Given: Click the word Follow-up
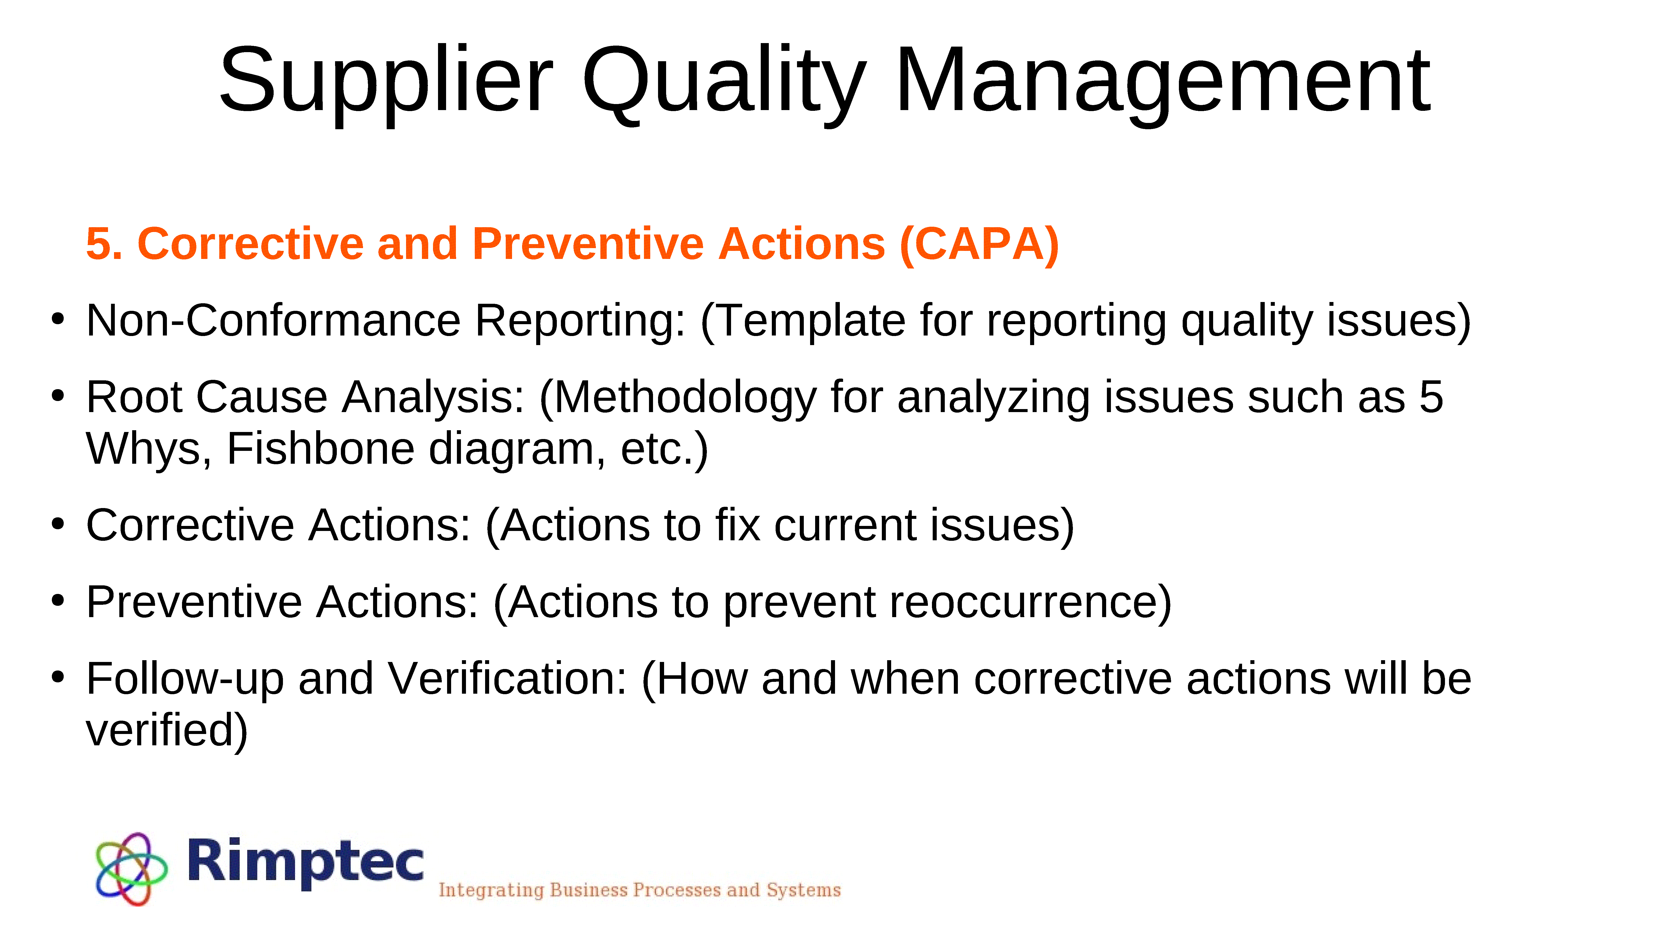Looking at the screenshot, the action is pyautogui.click(x=185, y=679).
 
